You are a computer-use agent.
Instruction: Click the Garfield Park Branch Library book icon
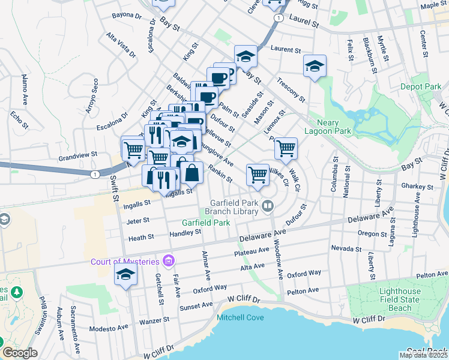267,207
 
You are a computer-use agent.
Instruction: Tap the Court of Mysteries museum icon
169,261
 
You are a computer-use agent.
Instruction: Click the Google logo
20,353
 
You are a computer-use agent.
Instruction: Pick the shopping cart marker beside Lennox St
286,148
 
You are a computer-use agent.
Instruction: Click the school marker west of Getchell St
125,275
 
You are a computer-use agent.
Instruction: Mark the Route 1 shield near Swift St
94,174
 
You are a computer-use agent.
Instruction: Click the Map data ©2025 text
423,355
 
